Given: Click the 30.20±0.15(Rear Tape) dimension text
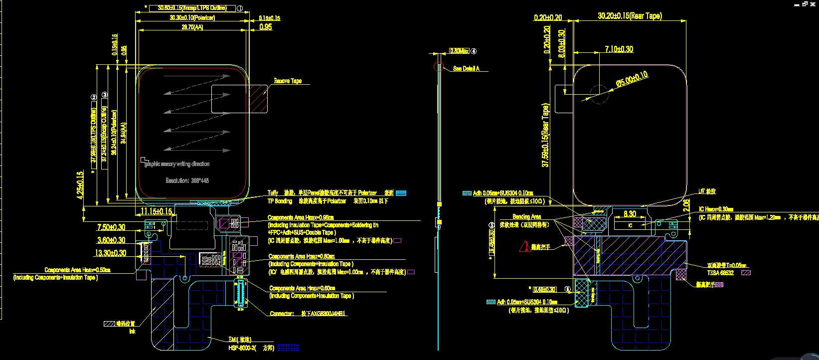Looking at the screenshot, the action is [x=630, y=16].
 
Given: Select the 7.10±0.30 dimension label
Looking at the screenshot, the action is [x=619, y=49].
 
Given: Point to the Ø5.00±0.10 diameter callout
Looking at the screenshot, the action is [x=632, y=79].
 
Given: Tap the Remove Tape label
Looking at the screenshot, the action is [x=288, y=81].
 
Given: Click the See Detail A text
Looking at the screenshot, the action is [x=466, y=68].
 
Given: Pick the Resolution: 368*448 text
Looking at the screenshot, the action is [x=187, y=180].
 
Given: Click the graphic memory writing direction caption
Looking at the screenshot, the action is [x=177, y=164].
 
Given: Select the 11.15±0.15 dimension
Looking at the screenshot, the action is [x=156, y=211].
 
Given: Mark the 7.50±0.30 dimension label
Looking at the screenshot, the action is [x=111, y=227].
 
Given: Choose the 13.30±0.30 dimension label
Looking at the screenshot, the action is [x=110, y=253].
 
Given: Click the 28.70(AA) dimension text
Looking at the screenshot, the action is [x=192, y=27].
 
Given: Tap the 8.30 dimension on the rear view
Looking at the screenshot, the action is [x=630, y=214].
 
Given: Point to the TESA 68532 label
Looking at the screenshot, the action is [x=720, y=273].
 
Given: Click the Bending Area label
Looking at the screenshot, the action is [x=526, y=216].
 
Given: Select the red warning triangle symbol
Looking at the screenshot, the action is [x=525, y=246].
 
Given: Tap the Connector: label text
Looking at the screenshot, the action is [x=282, y=313].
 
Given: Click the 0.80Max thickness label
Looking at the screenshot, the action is [x=459, y=51].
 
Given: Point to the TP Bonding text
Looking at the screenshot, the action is [x=280, y=201].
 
